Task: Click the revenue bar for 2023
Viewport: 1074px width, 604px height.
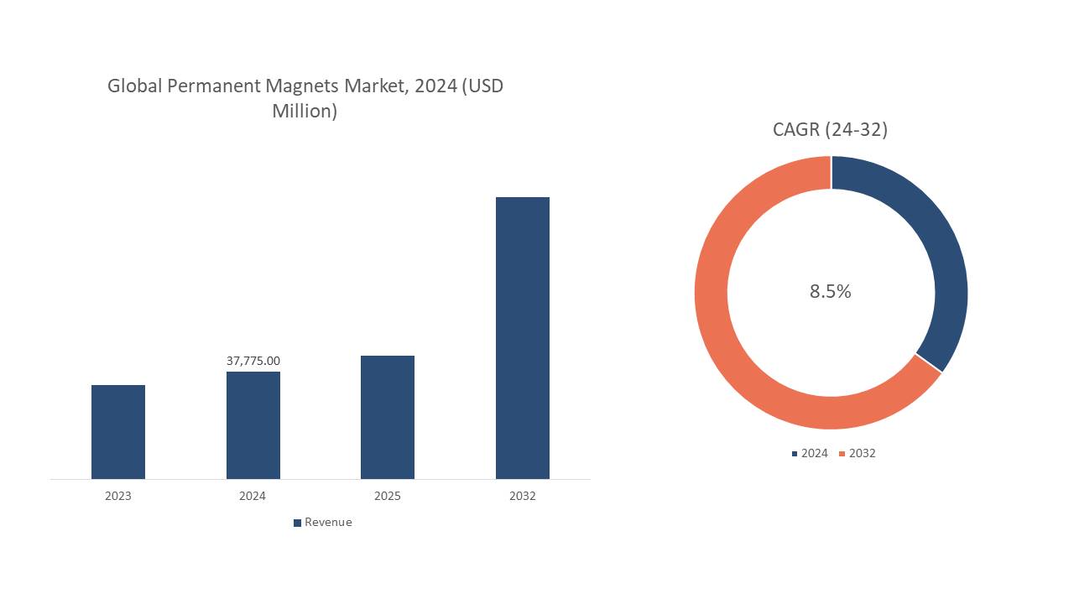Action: click(118, 432)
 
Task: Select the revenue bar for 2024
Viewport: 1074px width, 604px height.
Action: click(253, 425)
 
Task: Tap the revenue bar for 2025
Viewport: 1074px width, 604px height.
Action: click(388, 417)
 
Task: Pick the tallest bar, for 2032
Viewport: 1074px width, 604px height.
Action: click(523, 338)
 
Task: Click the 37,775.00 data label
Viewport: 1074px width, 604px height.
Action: click(253, 361)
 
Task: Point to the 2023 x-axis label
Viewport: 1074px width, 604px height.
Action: click(118, 496)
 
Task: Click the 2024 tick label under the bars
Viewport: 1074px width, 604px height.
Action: click(253, 496)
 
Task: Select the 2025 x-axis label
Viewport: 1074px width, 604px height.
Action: click(388, 496)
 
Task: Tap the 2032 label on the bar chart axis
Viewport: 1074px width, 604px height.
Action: click(523, 496)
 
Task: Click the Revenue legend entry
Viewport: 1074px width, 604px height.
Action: click(328, 522)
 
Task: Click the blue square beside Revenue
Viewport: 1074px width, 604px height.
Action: click(297, 523)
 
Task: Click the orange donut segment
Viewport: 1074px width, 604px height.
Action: click(738, 352)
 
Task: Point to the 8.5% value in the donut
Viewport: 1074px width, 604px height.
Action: click(831, 291)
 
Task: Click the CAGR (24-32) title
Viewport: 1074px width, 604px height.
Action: click(831, 129)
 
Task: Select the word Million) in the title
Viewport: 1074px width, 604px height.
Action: click(305, 111)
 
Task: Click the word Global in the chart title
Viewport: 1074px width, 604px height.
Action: click(134, 86)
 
